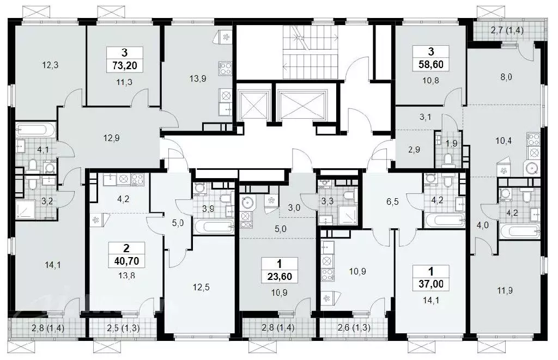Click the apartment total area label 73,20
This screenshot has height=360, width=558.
coord(125,65)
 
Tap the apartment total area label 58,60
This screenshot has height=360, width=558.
coord(431,64)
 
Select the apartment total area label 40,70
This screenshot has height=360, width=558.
coord(126,261)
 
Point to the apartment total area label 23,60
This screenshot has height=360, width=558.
coord(280,277)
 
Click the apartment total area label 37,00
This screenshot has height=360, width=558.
coord(431,284)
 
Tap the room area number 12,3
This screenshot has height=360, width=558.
coord(50,65)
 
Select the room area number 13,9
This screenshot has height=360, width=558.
coord(197,78)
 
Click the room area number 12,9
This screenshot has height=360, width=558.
coord(111,138)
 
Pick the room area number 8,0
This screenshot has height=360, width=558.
coord(506,77)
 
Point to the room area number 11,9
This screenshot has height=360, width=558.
coord(505,291)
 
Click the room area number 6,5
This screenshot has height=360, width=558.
coord(392,202)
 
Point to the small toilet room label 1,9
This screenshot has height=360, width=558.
coord(451,144)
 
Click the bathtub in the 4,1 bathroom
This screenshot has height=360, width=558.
coord(35,131)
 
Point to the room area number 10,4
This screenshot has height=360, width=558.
coord(504,141)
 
